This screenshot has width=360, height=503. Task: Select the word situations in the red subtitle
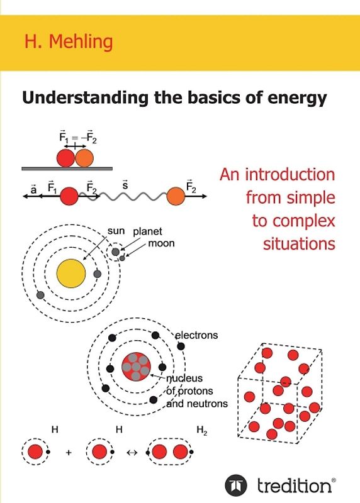pos(295,243)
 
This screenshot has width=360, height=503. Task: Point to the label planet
pos(147,231)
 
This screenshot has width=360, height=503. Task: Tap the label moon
pos(162,243)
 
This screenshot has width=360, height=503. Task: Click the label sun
pos(116,231)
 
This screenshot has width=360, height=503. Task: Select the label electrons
pos(196,335)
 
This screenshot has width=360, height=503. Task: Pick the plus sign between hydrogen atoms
pos(69,452)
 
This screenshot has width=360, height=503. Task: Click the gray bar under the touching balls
pos(67,169)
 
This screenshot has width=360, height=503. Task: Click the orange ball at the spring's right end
pos(176,197)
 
